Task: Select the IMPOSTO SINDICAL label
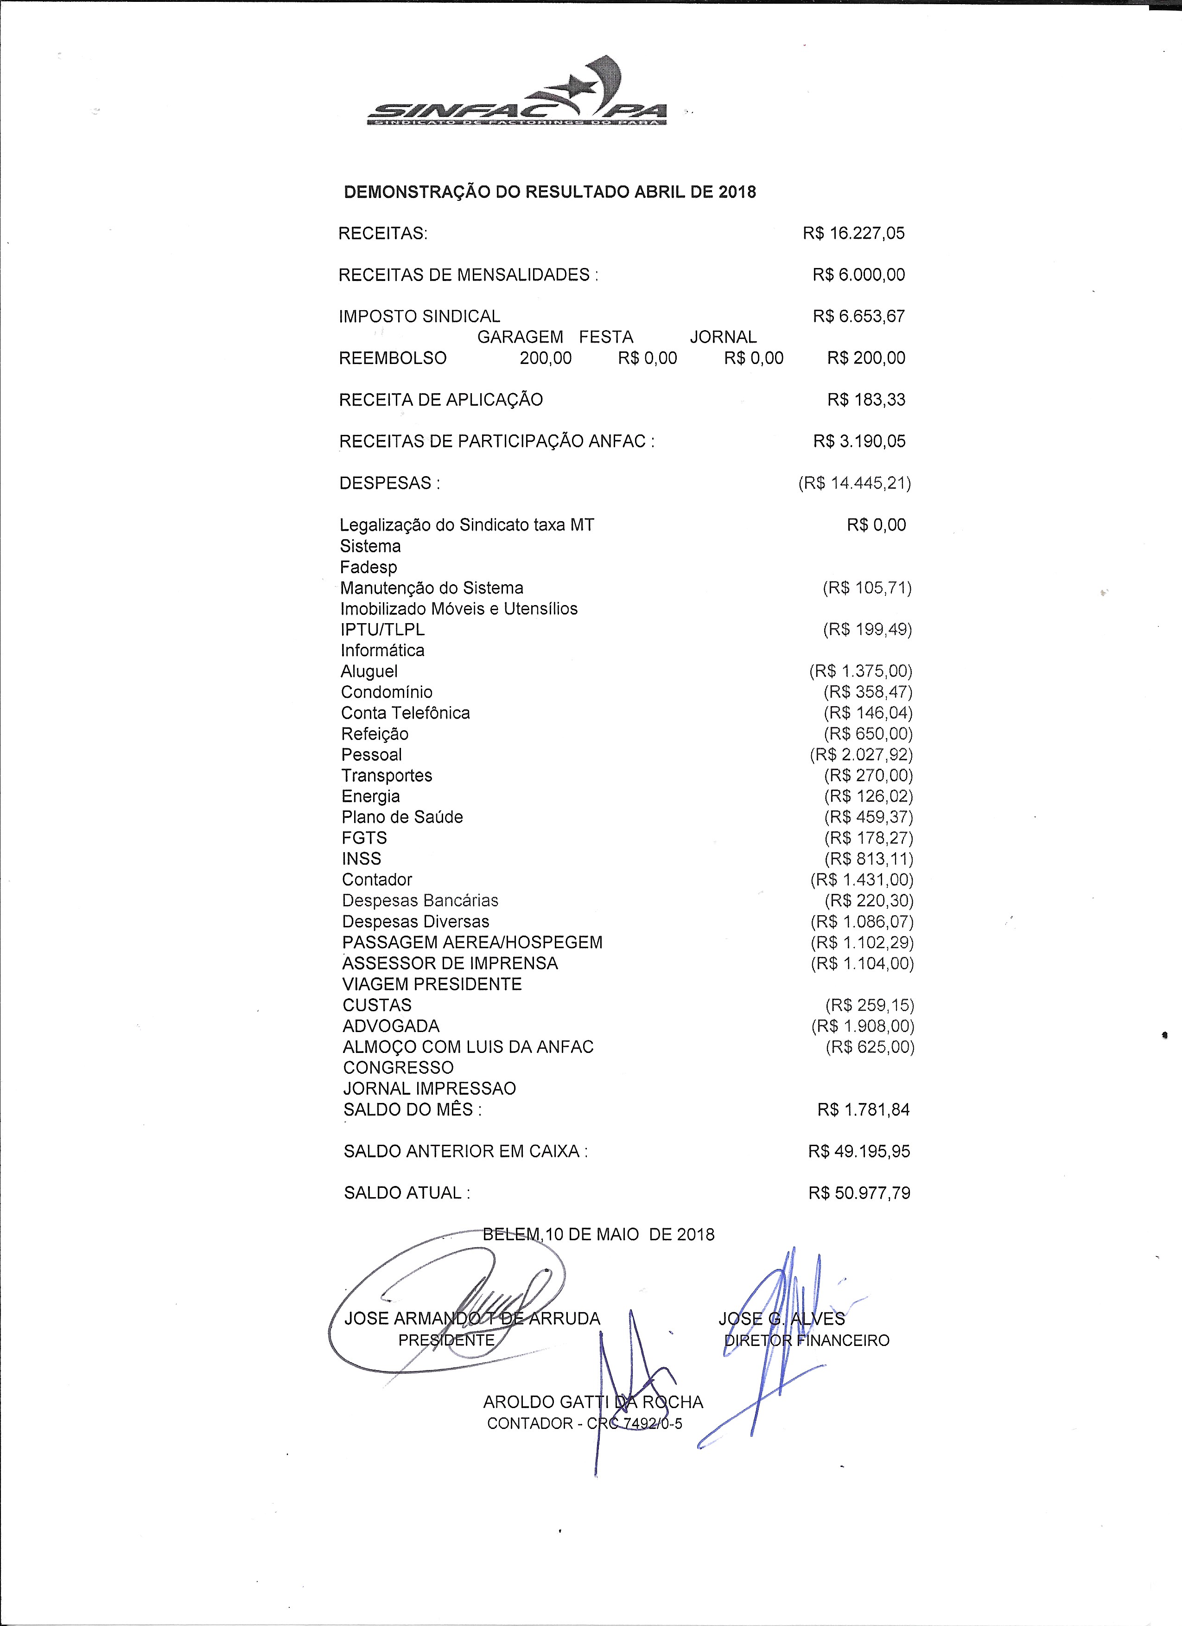click(419, 316)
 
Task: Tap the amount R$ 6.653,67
click(859, 316)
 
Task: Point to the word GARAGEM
click(520, 337)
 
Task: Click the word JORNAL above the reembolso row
click(723, 337)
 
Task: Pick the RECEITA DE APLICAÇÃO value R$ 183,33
click(866, 399)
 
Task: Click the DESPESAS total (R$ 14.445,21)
click(854, 483)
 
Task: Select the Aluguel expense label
click(369, 672)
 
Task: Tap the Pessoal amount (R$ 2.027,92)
click(861, 755)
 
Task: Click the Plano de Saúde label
click(402, 817)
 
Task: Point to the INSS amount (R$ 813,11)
click(868, 859)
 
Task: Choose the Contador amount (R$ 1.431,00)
click(862, 880)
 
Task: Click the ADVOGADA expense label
click(391, 1026)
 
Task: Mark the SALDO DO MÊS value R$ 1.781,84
click(863, 1110)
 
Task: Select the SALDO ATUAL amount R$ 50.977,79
click(859, 1193)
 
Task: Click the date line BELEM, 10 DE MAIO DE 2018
click(598, 1235)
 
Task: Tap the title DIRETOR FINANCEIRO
click(807, 1341)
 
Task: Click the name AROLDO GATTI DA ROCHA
click(593, 1403)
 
